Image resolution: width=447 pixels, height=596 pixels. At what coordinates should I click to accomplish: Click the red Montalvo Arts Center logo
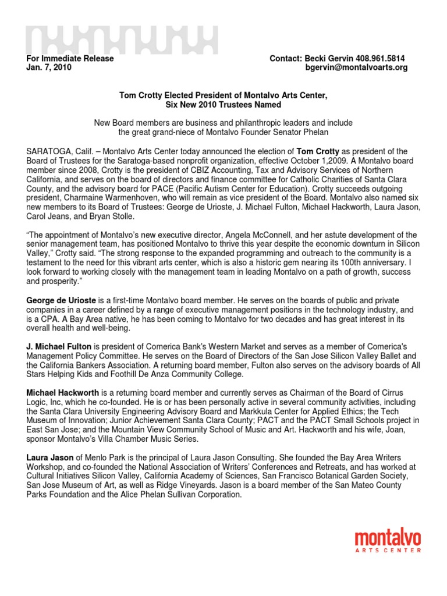click(388, 541)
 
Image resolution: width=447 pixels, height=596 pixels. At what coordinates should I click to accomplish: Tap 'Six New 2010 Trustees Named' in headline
click(223, 105)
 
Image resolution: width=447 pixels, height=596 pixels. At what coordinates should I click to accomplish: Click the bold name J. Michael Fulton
click(59, 347)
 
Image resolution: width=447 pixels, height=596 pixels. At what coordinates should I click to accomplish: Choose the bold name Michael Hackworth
click(63, 393)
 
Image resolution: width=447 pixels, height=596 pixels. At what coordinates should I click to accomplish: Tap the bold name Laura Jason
click(49, 459)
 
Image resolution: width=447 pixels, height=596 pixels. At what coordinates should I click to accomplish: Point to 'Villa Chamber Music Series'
click(151, 439)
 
